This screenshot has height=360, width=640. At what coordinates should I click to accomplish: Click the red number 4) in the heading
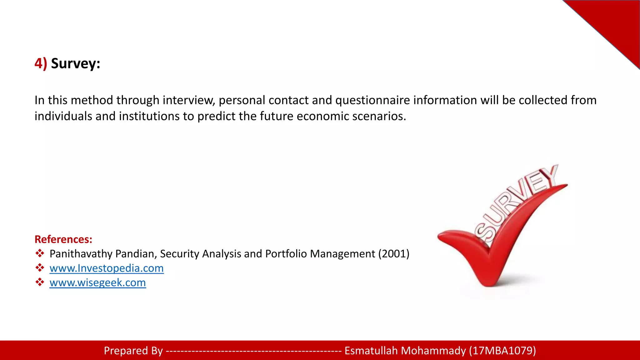[41, 63]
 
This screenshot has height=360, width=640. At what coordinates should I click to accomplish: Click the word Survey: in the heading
[76, 63]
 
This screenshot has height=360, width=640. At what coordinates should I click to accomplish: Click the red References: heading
[63, 239]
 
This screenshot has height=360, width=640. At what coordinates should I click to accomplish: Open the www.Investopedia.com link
[107, 268]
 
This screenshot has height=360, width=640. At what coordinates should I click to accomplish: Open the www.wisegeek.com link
[97, 282]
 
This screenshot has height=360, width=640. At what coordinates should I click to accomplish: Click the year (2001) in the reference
[394, 254]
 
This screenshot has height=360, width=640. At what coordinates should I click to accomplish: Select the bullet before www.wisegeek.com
[40, 282]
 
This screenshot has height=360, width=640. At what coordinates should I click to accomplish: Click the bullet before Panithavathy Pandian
[40, 253]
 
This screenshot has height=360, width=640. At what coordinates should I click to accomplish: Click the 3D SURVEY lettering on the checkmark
[516, 203]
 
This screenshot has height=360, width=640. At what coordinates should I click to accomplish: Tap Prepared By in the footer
[133, 351]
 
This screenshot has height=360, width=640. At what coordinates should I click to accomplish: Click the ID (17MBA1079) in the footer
[502, 351]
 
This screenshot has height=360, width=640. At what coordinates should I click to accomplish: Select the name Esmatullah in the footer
[371, 351]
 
